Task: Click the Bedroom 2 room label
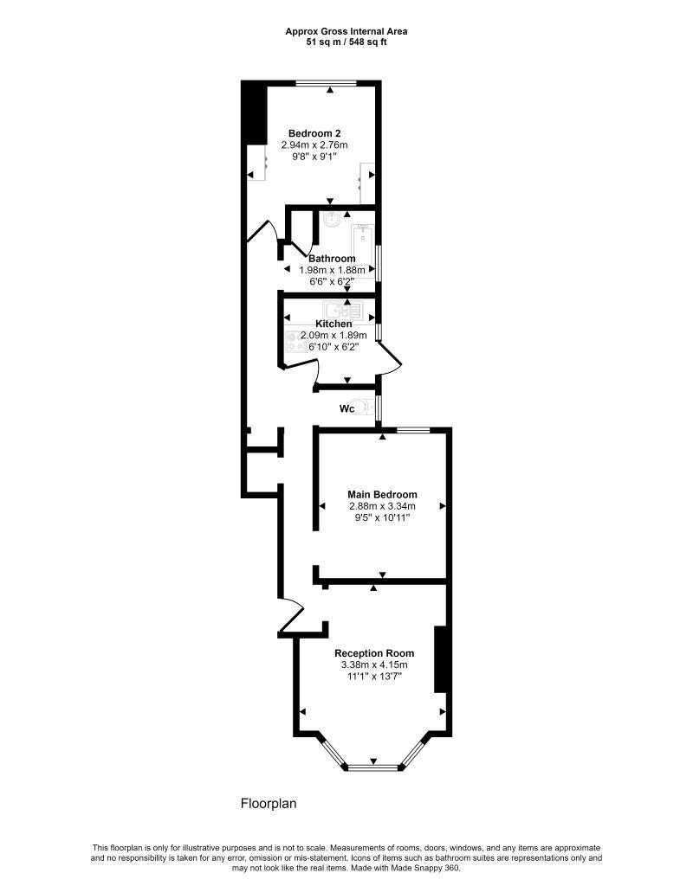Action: (314, 133)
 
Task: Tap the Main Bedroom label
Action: (382, 494)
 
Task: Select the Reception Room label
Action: (374, 653)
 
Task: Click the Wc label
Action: (346, 408)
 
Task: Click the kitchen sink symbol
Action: (341, 311)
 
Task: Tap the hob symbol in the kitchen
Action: (294, 341)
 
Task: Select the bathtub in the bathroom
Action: (361, 248)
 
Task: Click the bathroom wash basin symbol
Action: (332, 218)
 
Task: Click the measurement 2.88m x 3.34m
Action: (382, 505)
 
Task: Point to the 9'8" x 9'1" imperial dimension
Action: (314, 157)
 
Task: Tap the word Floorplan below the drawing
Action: (269, 803)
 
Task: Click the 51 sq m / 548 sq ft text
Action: (346, 42)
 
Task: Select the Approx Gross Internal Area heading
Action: (346, 32)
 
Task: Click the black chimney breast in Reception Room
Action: (441, 658)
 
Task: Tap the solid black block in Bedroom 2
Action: (255, 112)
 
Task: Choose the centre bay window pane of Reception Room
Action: (373, 768)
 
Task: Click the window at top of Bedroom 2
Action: (327, 84)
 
